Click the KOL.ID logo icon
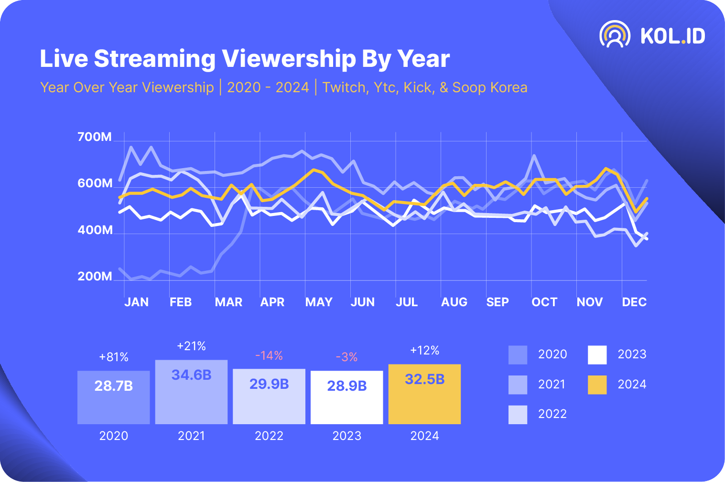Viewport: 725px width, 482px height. pos(615,34)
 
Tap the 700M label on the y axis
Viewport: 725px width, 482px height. pos(95,137)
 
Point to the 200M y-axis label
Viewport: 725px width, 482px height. pos(95,277)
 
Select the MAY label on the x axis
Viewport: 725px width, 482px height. pos(319,302)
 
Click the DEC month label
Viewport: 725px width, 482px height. pos(634,302)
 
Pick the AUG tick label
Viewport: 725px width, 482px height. pos(454,302)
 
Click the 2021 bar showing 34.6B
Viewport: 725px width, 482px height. pos(191,392)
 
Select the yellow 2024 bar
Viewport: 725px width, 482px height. pos(424,394)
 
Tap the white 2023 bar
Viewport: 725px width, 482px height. pos(346,397)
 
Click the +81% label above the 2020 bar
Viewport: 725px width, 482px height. pos(114,357)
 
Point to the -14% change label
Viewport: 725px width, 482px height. pos(269,356)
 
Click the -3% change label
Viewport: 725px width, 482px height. pos(346,357)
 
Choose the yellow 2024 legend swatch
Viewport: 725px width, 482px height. pos(597,385)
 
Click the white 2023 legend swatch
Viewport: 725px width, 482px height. pos(597,355)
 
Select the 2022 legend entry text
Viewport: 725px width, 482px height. pos(552,414)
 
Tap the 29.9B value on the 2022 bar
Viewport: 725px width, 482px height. pos(269,384)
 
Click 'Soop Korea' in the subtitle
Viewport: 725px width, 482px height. pos(490,87)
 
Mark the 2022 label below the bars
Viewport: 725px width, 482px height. pos(269,436)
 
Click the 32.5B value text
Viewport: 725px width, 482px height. pos(424,379)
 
